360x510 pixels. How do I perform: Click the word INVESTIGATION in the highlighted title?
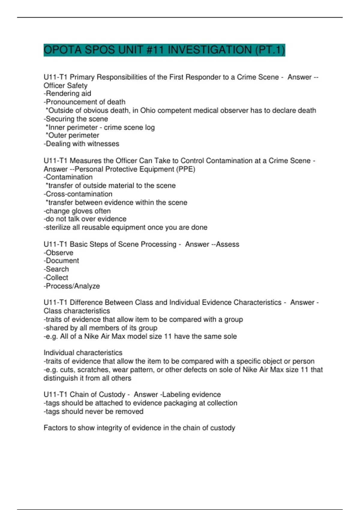tap(210, 50)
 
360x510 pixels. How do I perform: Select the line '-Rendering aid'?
tap(67, 94)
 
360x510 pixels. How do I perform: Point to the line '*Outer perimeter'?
tap(72, 135)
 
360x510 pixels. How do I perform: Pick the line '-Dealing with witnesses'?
tap(81, 144)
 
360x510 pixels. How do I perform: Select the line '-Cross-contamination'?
tap(78, 194)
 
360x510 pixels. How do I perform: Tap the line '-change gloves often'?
tap(77, 211)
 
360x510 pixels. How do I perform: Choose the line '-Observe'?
tap(58, 253)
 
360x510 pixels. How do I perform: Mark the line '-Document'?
tap(61, 261)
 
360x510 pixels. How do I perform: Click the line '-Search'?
tap(56, 269)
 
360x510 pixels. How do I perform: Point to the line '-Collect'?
tap(56, 277)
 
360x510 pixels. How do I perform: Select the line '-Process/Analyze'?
tap(72, 286)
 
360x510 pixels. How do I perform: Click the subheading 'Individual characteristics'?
tap(83, 353)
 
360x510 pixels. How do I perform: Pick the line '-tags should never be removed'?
tap(93, 411)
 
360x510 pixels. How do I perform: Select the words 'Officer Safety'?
tap(65, 85)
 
